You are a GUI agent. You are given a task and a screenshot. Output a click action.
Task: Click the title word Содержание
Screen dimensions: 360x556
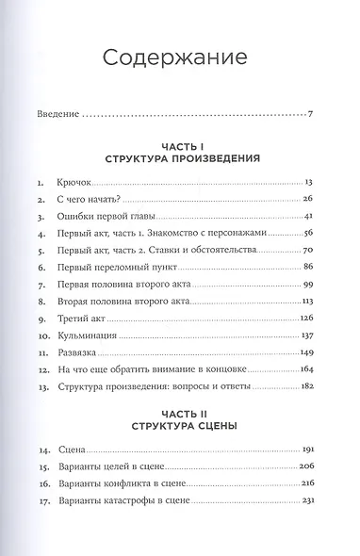180,59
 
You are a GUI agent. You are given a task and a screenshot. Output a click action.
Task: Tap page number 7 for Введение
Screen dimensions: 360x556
309,117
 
